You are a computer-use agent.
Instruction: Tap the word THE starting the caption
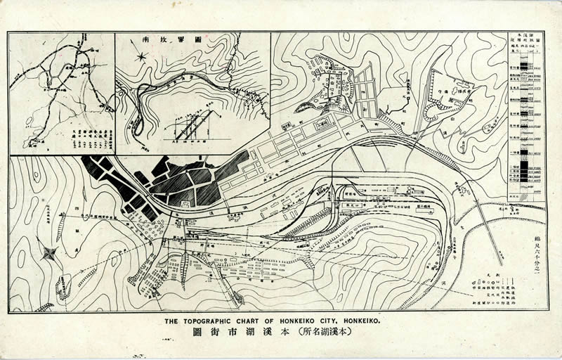click(x=172, y=321)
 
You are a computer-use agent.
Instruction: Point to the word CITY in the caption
click(x=344, y=321)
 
